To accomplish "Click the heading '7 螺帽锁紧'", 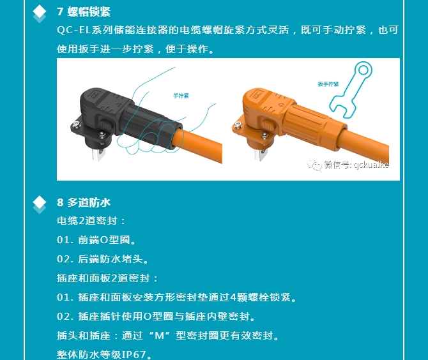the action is click(84, 11).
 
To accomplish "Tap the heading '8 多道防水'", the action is click(84, 202).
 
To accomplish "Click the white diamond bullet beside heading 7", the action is click(40, 11).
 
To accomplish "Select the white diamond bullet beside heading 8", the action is click(40, 202).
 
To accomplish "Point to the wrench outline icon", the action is click(351, 90).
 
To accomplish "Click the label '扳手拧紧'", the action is click(328, 84).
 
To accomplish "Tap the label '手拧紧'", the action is click(181, 96).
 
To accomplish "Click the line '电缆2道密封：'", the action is click(91, 221).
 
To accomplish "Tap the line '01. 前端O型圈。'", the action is click(96, 240).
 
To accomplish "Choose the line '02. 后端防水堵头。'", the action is click(103, 259).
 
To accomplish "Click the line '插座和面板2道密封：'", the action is click(107, 278).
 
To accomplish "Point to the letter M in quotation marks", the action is click(160, 336).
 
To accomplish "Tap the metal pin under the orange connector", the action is click(261, 154).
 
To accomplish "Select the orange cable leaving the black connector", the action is click(199, 146).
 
